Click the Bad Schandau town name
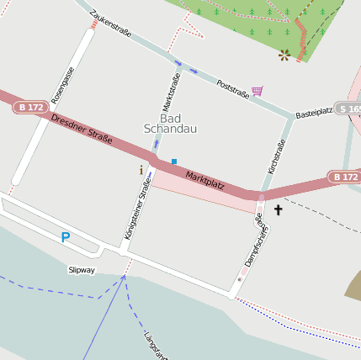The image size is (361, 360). pos(171,124)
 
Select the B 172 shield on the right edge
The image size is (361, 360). pos(344,177)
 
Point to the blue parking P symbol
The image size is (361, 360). pos(65,238)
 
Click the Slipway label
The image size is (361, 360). pos(82,270)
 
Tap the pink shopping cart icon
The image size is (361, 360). pos(257,90)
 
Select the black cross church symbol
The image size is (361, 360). pos(278,209)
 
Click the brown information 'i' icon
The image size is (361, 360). pos(141,170)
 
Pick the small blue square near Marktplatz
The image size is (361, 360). pos(174,161)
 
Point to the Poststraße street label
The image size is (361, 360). pos(232,90)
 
